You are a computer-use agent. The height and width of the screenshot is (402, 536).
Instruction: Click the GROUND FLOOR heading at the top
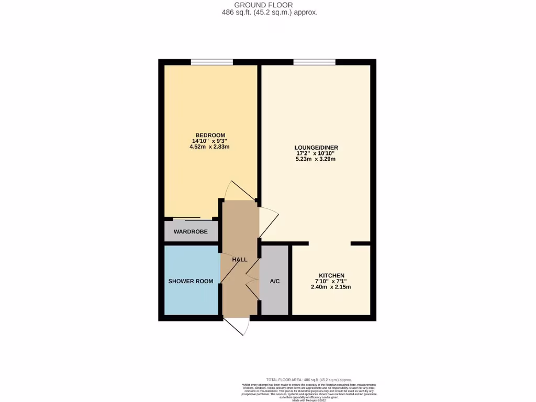(267, 5)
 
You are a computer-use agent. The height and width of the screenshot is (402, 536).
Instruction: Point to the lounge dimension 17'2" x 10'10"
(315, 153)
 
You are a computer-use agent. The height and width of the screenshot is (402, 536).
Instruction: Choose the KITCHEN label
(331, 275)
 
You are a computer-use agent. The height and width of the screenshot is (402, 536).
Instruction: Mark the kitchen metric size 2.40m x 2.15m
(331, 287)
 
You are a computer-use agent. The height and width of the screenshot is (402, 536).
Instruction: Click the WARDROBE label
(191, 231)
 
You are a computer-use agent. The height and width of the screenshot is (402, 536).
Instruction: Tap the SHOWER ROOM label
(191, 281)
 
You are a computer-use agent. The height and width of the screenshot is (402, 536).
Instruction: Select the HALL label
(240, 260)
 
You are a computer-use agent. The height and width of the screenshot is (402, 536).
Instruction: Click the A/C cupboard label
(274, 281)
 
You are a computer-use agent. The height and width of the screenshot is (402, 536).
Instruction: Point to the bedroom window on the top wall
(211, 62)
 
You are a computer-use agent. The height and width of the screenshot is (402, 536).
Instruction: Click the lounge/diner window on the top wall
(314, 62)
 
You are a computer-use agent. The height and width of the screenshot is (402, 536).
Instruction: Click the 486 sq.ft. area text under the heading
(267, 12)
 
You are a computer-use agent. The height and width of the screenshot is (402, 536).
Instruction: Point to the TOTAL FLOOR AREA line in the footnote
(308, 379)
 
